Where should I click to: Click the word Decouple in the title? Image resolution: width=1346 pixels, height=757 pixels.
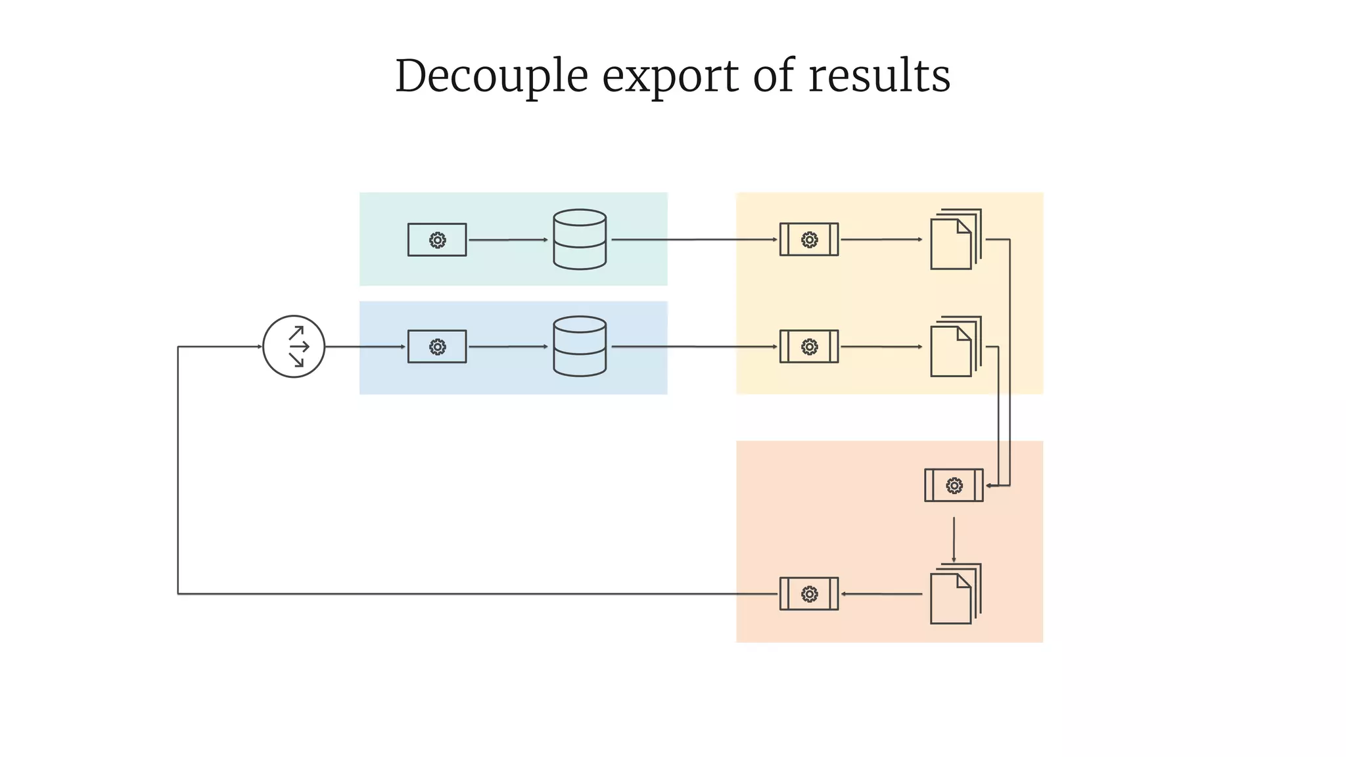click(x=491, y=76)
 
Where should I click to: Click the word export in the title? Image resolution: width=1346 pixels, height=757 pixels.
click(x=670, y=76)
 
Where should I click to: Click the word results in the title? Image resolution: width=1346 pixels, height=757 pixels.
click(x=879, y=76)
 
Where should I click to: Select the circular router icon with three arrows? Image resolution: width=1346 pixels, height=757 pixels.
click(x=294, y=346)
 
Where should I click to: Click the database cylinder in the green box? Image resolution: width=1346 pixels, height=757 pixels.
click(x=580, y=239)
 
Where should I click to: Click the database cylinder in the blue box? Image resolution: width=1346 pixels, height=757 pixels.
click(x=580, y=346)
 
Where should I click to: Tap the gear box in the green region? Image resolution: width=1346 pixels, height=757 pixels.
click(x=437, y=240)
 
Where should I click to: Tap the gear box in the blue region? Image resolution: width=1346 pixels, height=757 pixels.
click(x=437, y=346)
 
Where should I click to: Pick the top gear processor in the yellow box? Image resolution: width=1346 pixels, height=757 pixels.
click(x=809, y=240)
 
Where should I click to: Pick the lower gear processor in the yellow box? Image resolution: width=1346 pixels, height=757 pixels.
click(x=809, y=346)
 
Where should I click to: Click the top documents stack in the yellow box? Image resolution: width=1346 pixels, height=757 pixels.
click(x=954, y=240)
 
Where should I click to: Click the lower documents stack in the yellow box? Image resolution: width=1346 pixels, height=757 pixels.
click(x=954, y=347)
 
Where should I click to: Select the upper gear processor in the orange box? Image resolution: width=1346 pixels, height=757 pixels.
click(x=954, y=486)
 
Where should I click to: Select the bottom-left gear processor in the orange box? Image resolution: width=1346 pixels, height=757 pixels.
click(x=809, y=594)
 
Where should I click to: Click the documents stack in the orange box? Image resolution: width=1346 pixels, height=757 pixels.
click(x=954, y=594)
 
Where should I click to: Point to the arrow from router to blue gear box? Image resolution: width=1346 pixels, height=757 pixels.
click(x=365, y=346)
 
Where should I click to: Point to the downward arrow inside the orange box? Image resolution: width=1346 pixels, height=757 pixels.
click(x=954, y=539)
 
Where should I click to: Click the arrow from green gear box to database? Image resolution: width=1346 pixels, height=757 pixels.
click(x=507, y=240)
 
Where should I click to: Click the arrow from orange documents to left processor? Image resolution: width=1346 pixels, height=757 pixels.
click(x=881, y=594)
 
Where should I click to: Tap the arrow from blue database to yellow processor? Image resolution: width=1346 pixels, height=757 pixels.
click(x=693, y=346)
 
